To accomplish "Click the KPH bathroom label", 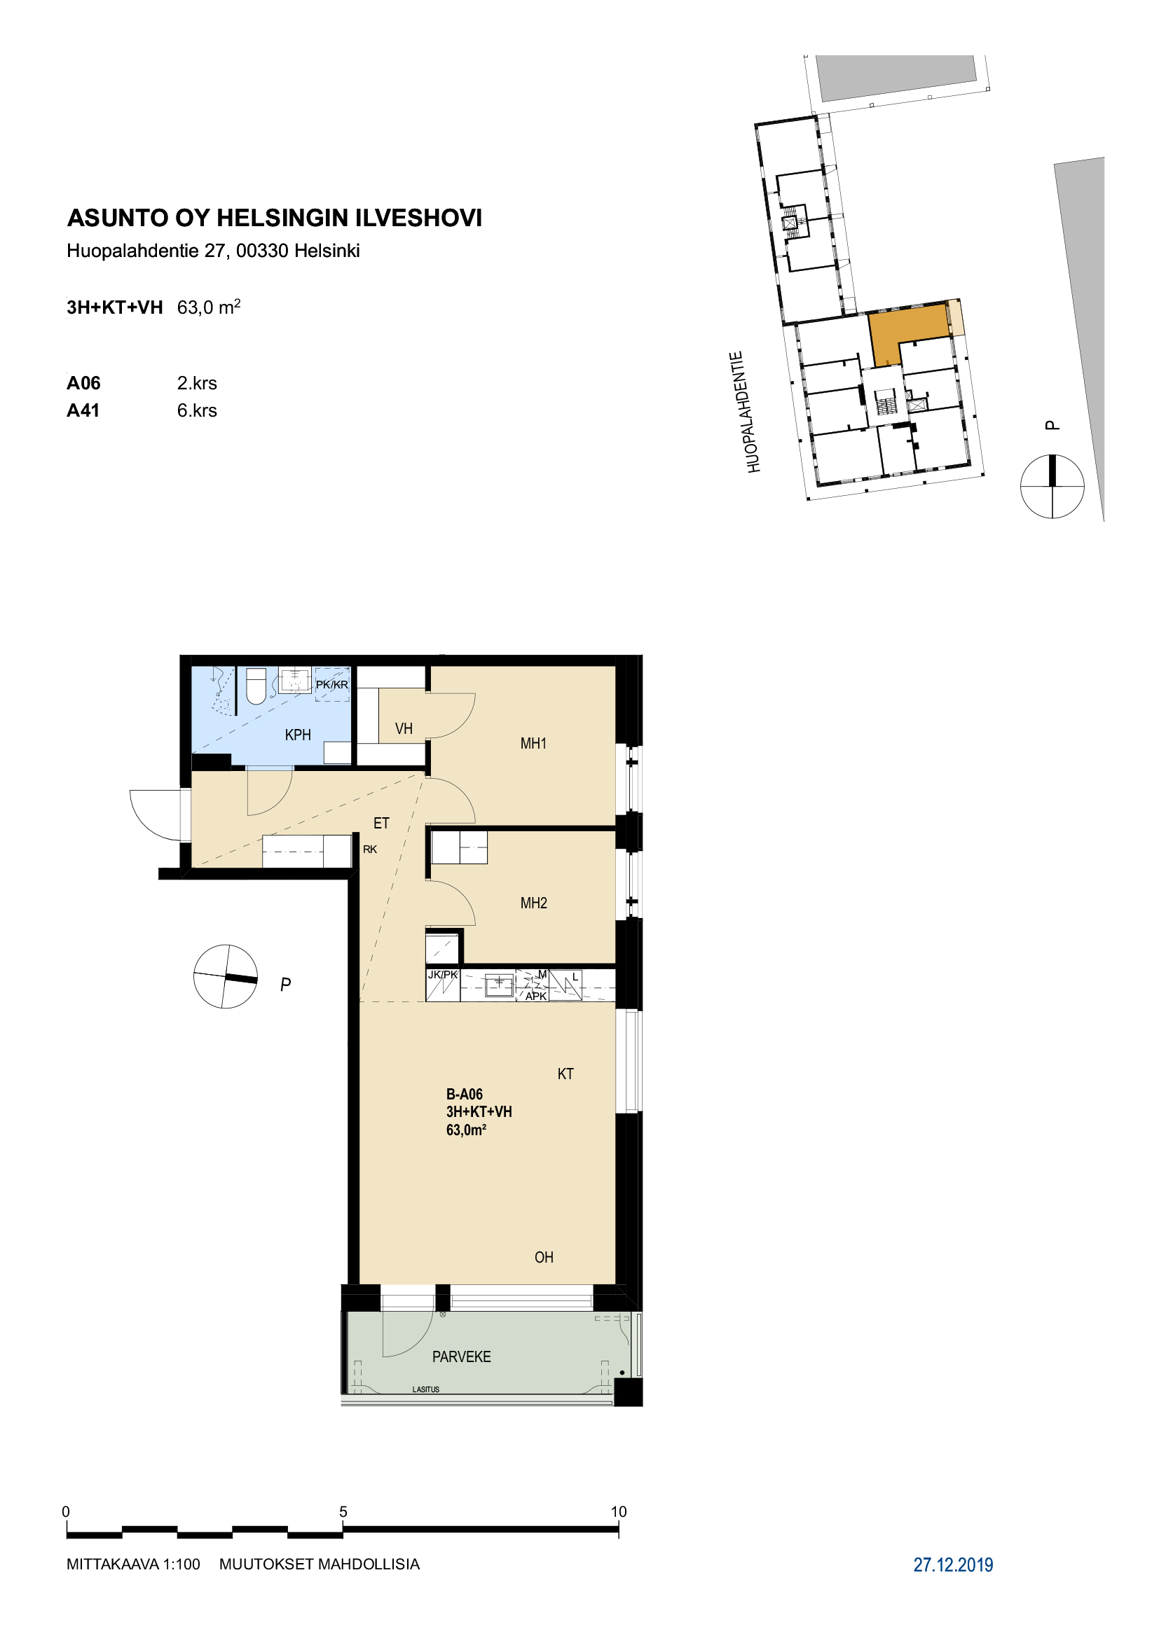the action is tap(298, 735).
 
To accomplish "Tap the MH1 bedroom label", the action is tap(533, 744).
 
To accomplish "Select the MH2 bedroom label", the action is tap(533, 903).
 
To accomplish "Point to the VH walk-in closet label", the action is tap(404, 728).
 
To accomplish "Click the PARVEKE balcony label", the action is tap(461, 1357).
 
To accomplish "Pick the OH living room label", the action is tap(544, 1258).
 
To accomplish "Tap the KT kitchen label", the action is tap(565, 1074).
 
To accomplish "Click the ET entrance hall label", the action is tap(381, 824).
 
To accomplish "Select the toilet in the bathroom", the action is tap(256, 686).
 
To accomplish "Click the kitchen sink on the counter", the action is tap(499, 985).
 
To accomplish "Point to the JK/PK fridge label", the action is tap(442, 975).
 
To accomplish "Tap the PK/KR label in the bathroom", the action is tap(332, 685).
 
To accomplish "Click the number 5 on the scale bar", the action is tap(343, 1512).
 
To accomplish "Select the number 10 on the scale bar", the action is tap(618, 1512).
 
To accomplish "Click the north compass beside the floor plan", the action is tap(226, 977).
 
